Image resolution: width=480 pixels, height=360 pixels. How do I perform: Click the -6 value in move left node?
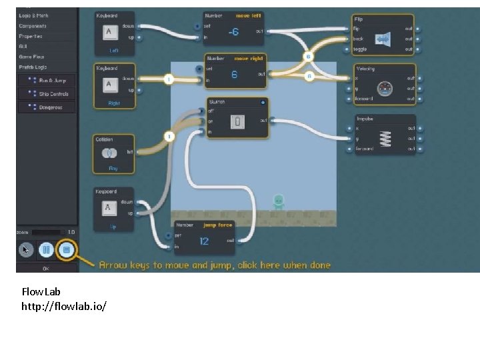pos(233,31)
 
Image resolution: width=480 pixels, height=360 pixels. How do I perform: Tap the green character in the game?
pos(279,201)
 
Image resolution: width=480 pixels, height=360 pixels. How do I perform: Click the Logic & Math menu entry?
pos(34,15)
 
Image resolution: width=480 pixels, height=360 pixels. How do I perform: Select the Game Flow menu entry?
pos(32,57)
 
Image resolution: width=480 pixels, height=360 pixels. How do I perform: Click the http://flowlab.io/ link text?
pos(64,305)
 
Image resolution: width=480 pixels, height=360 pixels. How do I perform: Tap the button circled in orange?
pos(65,250)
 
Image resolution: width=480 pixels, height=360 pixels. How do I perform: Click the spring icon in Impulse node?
pos(384,138)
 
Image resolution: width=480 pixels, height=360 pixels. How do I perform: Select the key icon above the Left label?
pos(110,33)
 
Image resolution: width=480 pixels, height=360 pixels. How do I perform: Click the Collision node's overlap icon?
pos(109,153)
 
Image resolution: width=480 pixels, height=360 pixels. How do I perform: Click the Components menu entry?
pos(33,26)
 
